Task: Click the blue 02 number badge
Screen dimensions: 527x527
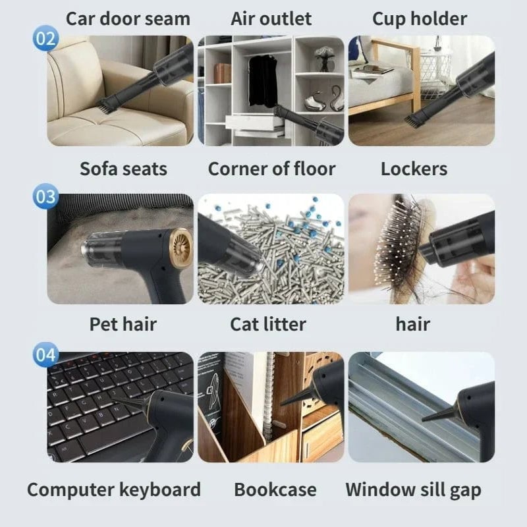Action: tap(45, 38)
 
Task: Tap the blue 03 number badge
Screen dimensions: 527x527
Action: tap(45, 196)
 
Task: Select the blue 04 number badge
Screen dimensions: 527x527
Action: tap(45, 355)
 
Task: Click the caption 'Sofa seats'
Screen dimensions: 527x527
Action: tap(123, 169)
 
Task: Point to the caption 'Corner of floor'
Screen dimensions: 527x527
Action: tap(271, 169)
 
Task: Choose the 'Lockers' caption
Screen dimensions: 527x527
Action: tap(414, 169)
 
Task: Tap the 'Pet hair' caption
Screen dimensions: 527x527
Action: tap(123, 324)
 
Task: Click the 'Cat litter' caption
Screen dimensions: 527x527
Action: tap(268, 324)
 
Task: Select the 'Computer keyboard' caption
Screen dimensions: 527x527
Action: tap(113, 489)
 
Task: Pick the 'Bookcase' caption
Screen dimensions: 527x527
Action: tap(275, 489)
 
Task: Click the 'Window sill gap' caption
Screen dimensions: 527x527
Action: tap(413, 489)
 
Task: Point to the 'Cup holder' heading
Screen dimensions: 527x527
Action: tap(420, 19)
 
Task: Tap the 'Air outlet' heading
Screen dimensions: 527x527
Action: tap(271, 18)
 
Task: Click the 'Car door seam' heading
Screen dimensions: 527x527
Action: tap(128, 18)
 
